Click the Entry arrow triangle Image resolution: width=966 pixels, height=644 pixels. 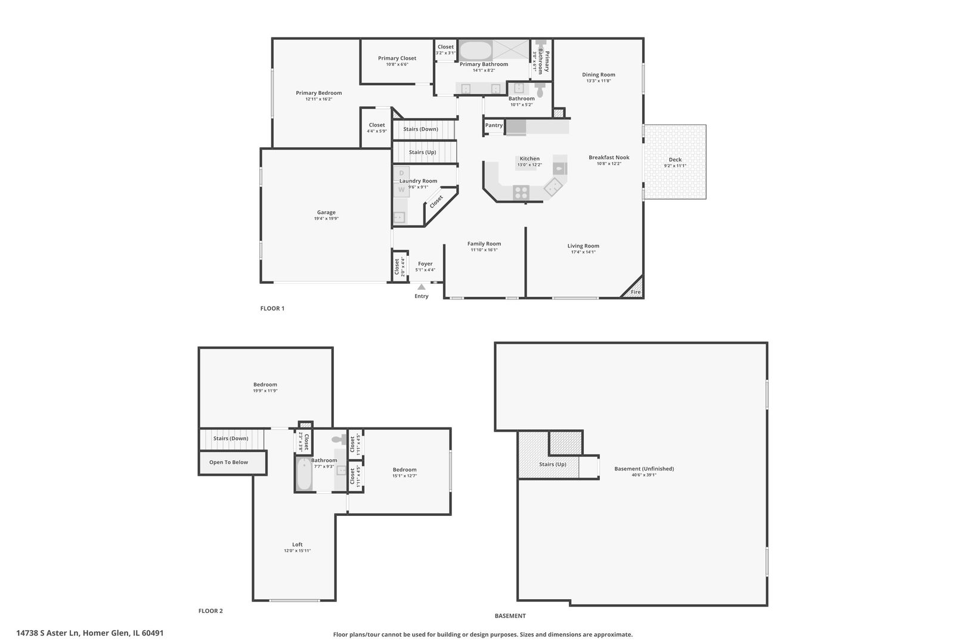(422, 287)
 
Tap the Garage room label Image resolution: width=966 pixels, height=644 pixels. (326, 212)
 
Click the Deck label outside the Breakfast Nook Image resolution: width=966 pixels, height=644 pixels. (675, 159)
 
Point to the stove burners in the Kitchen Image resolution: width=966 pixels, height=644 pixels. (521, 192)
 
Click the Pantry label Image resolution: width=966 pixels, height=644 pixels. (494, 125)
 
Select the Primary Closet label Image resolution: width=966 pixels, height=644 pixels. (397, 58)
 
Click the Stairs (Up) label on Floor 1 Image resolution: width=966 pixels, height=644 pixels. (422, 152)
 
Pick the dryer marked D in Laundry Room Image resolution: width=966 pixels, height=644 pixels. (401, 173)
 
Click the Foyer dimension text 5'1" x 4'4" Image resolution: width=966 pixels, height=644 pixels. (425, 270)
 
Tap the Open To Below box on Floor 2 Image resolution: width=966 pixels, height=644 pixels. (228, 462)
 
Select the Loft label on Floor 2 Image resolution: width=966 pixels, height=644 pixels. (298, 544)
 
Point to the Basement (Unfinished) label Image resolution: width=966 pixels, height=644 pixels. (644, 469)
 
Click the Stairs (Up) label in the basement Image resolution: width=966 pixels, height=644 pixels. (553, 464)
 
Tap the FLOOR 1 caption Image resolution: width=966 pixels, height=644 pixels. (273, 308)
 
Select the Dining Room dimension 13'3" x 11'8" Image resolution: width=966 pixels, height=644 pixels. (599, 81)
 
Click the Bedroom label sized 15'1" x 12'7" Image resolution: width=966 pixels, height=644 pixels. (404, 469)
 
